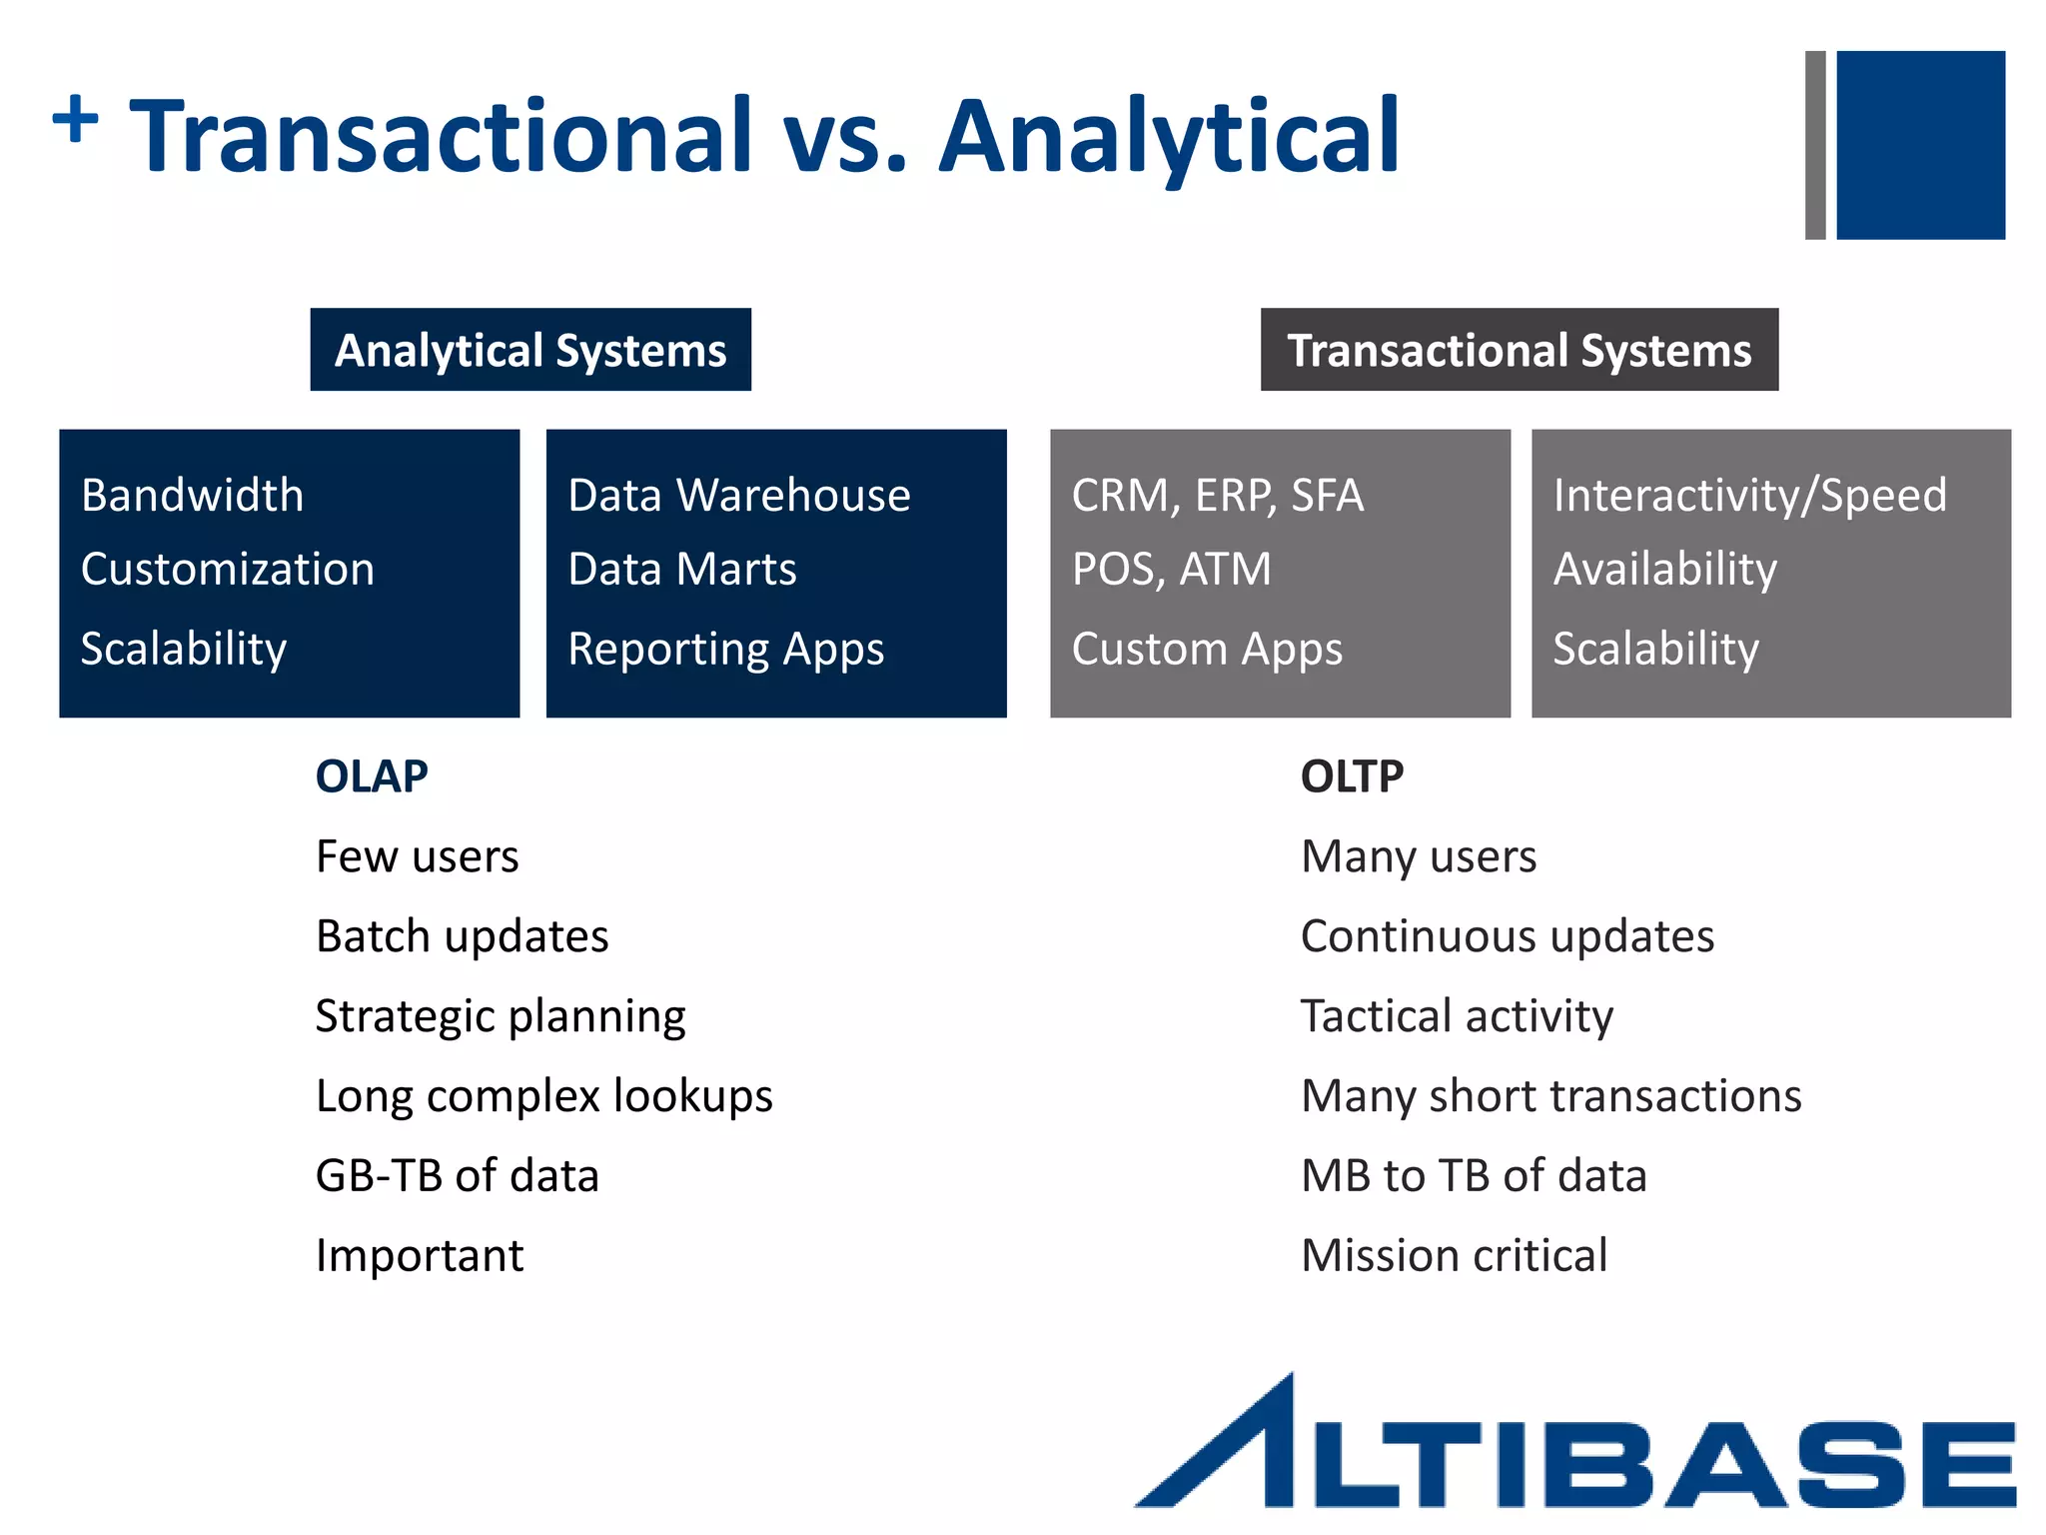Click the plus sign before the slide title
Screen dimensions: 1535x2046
(x=75, y=119)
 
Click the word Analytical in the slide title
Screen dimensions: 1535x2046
(x=1169, y=136)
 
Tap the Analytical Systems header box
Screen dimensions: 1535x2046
(x=530, y=350)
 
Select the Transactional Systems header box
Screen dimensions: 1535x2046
(x=1519, y=350)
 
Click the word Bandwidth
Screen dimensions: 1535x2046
(x=192, y=496)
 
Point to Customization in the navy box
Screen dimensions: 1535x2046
(x=228, y=570)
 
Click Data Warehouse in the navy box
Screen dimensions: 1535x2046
(x=739, y=496)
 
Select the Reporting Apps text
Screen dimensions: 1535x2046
(x=726, y=650)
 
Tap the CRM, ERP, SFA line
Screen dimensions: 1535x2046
(x=1217, y=496)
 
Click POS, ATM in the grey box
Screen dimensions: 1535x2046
(x=1171, y=570)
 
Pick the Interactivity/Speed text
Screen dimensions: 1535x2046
(x=1749, y=496)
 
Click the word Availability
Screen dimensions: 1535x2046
(x=1665, y=570)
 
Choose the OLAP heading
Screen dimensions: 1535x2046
(x=372, y=776)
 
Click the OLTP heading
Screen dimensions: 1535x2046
(x=1352, y=776)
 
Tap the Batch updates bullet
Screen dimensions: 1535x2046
(x=462, y=936)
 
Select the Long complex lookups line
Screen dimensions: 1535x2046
(x=543, y=1096)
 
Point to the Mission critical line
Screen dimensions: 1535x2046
(x=1454, y=1255)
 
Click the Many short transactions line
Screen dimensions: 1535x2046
(x=1550, y=1096)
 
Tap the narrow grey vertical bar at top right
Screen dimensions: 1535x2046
(x=1815, y=145)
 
